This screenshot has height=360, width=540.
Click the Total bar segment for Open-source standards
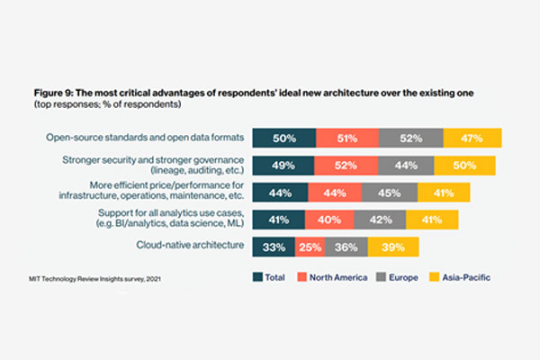point(283,139)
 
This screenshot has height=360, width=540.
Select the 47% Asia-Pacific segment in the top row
point(471,139)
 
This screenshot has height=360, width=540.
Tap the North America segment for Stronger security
point(346,166)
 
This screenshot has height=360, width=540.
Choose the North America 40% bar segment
point(328,220)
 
